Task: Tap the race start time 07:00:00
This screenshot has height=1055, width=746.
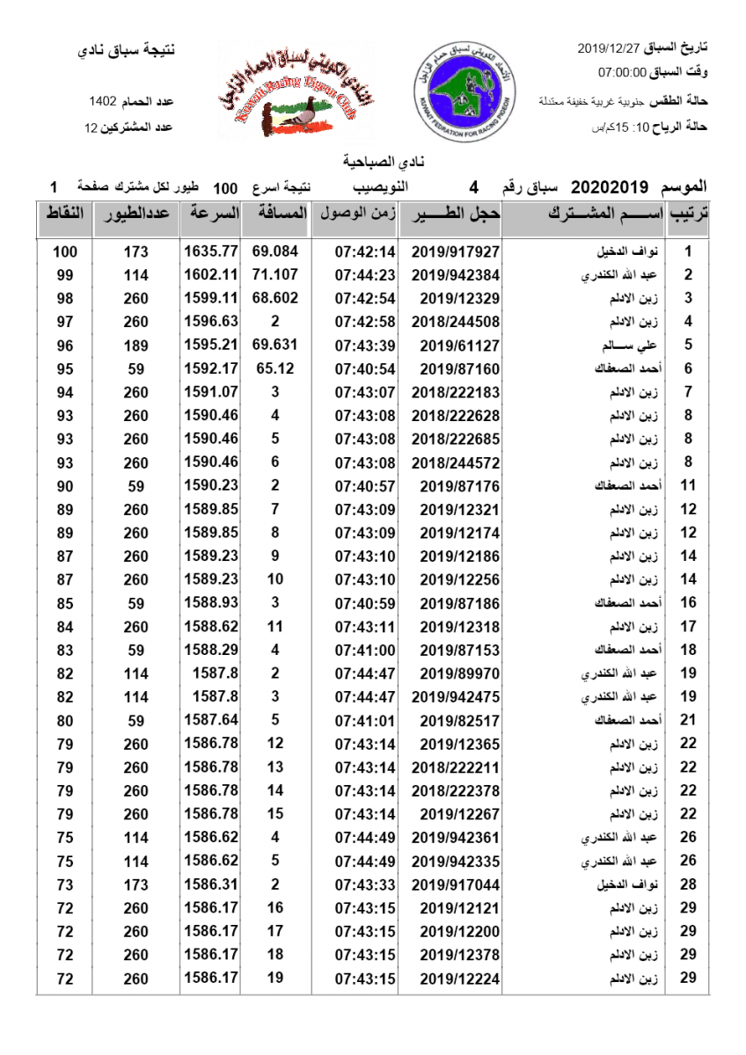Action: (623, 71)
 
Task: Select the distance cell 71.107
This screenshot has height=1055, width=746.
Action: (274, 274)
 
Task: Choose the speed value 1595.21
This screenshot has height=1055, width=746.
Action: (211, 345)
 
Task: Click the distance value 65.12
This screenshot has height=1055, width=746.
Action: (274, 368)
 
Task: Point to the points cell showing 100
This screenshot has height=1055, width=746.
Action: (65, 251)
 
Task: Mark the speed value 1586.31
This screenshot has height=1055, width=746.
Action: (211, 884)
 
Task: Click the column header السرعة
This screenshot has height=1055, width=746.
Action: (211, 214)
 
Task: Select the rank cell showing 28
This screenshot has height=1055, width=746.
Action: (688, 884)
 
